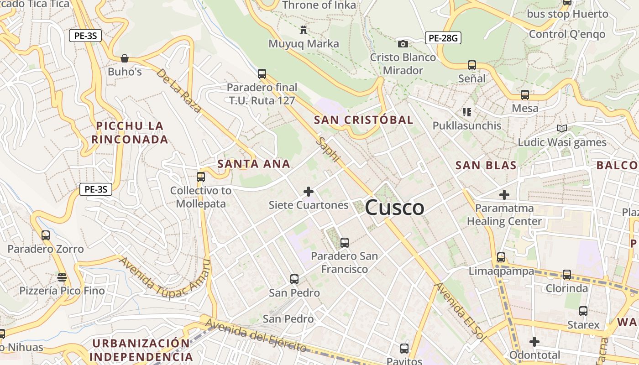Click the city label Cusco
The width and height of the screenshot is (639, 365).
394,208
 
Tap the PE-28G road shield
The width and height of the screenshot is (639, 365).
443,38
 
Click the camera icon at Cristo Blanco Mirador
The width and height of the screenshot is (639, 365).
403,44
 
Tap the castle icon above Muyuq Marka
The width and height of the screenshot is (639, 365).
303,31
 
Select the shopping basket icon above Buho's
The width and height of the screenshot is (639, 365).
124,58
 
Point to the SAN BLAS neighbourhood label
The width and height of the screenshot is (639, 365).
486,165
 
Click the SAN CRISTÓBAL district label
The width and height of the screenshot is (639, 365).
364,120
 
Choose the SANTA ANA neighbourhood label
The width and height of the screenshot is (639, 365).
254,164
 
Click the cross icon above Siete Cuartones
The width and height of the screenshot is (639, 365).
309,192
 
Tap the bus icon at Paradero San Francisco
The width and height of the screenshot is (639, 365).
345,243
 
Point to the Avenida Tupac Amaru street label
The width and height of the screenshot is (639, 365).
165,279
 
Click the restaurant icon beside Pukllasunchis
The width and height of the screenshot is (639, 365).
466,112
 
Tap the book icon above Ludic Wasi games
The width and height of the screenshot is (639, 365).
561,129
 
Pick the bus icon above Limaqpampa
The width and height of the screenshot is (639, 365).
501,257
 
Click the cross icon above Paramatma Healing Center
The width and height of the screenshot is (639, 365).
504,195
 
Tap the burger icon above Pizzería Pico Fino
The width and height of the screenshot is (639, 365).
62,277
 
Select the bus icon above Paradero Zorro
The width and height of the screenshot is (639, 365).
46,235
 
